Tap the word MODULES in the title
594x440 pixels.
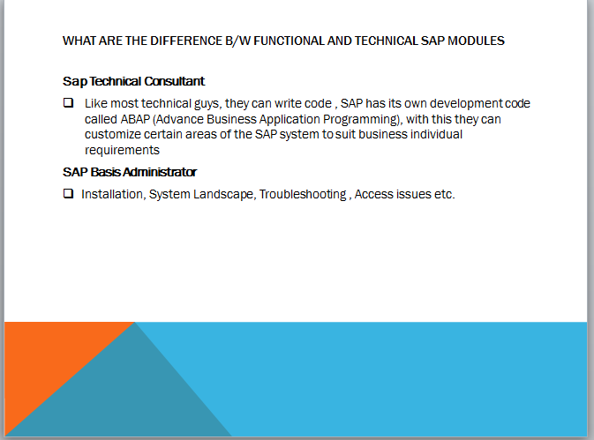point(477,41)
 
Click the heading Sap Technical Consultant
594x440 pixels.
point(134,81)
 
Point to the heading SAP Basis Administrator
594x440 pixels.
point(130,172)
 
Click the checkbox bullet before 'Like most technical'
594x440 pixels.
point(68,103)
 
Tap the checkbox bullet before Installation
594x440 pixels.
point(68,194)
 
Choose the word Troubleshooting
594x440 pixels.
point(303,194)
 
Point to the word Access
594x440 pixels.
point(374,194)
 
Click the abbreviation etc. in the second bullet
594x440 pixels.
point(444,194)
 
